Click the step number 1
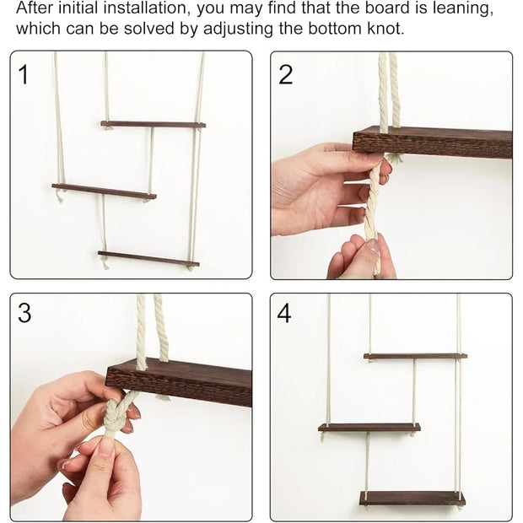pyautogui.click(x=24, y=74)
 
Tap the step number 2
pyautogui.click(x=285, y=74)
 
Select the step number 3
pyautogui.click(x=24, y=313)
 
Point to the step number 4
pyautogui.click(x=284, y=313)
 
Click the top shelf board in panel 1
pyautogui.click(x=153, y=124)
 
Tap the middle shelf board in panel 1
pyautogui.click(x=104, y=191)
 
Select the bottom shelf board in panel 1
pyautogui.click(x=148, y=259)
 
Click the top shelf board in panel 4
pyautogui.click(x=415, y=356)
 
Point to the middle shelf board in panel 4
pyautogui.click(x=369, y=428)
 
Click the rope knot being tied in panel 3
pyautogui.click(x=114, y=416)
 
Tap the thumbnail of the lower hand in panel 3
pyautogui.click(x=106, y=448)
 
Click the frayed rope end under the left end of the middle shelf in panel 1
pyautogui.click(x=60, y=196)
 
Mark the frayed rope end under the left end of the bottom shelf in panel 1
pyautogui.click(x=105, y=263)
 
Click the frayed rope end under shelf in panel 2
pyautogui.click(x=396, y=158)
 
